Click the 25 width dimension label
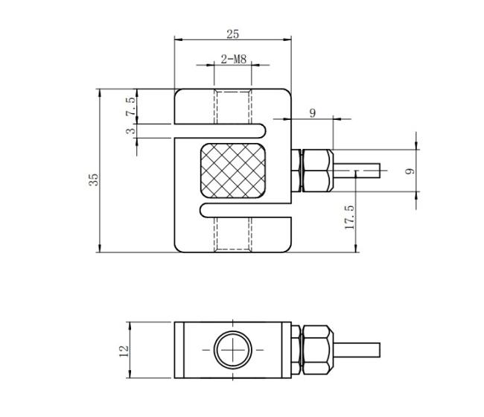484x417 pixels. [x=233, y=34]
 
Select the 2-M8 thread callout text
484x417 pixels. [x=234, y=59]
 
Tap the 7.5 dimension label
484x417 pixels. [x=130, y=106]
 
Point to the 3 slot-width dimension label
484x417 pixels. [x=130, y=131]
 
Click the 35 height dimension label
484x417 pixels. [x=94, y=179]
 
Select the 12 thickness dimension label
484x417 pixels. [x=124, y=351]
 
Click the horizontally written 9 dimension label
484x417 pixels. [x=313, y=113]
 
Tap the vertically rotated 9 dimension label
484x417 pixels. [x=410, y=171]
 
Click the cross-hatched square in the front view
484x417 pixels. [x=233, y=171]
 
